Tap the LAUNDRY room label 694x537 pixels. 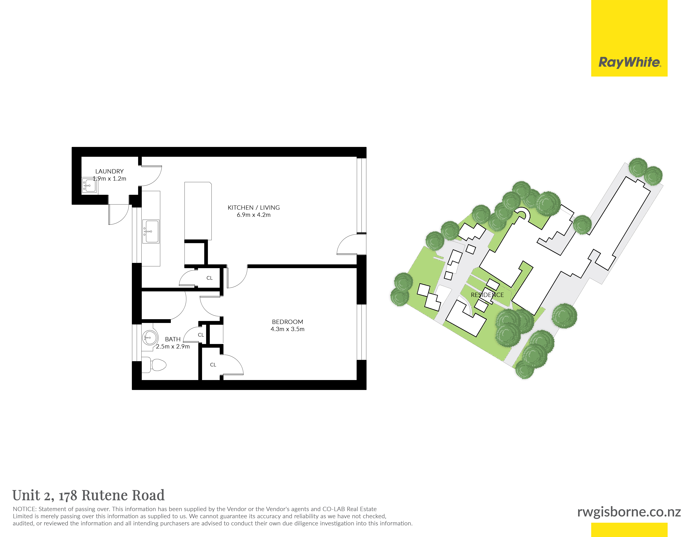(x=109, y=171)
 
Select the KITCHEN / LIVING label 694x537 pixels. (x=254, y=207)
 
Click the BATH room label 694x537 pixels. (x=173, y=339)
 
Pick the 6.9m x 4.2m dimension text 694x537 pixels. (x=254, y=215)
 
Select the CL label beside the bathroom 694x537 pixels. (x=201, y=335)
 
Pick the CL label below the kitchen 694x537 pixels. (x=209, y=278)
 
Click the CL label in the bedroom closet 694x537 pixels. (x=213, y=365)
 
